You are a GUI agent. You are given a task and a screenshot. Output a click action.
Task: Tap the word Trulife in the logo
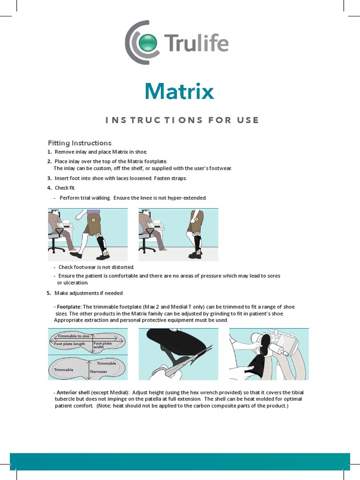[x=196, y=43]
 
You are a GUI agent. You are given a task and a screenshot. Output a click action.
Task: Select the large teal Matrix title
[x=180, y=91]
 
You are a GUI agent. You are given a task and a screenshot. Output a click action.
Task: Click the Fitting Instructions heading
[x=80, y=143]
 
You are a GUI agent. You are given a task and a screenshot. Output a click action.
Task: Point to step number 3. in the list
[x=49, y=178]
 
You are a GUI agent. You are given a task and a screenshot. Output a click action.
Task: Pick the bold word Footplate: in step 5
[x=69, y=307]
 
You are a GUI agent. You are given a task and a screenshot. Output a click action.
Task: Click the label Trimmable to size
[x=73, y=336]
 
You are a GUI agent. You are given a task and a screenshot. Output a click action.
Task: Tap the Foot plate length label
[x=69, y=344]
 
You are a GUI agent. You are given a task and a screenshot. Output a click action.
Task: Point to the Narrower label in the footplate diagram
[x=98, y=372]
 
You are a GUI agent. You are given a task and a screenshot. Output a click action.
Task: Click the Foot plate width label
[x=103, y=345]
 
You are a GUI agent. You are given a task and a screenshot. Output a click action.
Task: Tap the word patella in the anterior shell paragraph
[x=153, y=399]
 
